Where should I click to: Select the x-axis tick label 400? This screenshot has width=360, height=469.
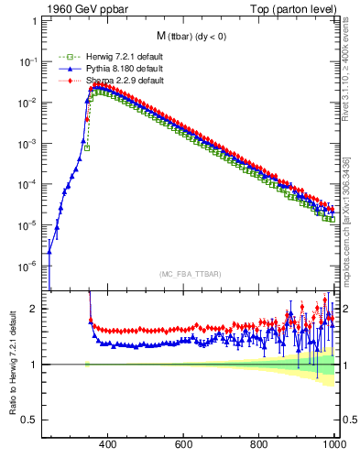[106, 444]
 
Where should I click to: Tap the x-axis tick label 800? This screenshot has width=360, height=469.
[259, 444]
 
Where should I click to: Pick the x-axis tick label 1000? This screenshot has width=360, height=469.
[333, 444]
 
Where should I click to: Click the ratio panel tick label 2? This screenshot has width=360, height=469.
[34, 310]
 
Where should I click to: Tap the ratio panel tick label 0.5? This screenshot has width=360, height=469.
[30, 420]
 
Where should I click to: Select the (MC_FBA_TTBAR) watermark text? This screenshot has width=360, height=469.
[190, 275]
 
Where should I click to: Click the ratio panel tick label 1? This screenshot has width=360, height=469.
[34, 365]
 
